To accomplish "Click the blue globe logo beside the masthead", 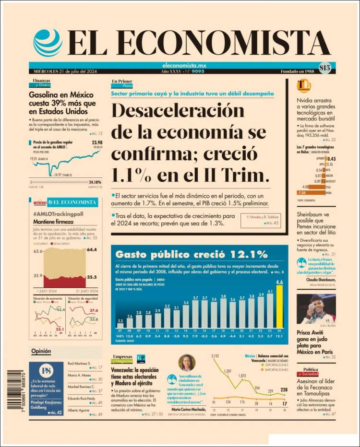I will (x=48, y=43).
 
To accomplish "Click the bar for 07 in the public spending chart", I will (x=120, y=325).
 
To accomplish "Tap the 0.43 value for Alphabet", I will (x=331, y=159).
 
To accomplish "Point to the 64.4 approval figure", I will (x=92, y=250).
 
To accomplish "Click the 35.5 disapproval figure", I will (x=92, y=277).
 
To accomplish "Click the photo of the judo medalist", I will (x=315, y=309).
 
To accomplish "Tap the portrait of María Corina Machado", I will (x=187, y=363).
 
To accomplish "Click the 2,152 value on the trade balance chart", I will (x=215, y=356).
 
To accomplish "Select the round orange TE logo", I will (x=303, y=86).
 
